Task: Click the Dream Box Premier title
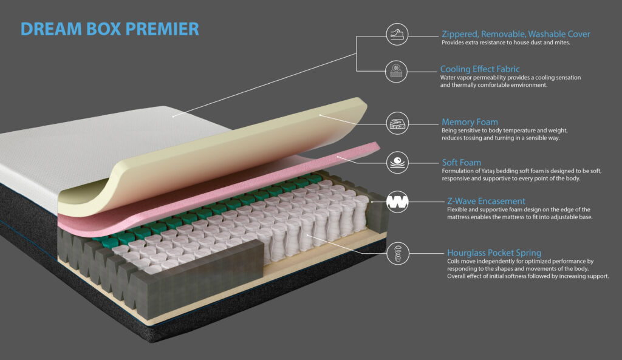click(x=110, y=29)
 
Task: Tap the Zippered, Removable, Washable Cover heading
click(x=516, y=34)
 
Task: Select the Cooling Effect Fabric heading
click(x=480, y=69)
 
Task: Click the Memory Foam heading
click(x=470, y=122)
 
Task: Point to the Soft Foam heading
click(x=462, y=163)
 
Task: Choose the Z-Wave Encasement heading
click(x=486, y=201)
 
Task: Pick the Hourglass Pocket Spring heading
click(x=494, y=253)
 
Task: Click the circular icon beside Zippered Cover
click(x=397, y=34)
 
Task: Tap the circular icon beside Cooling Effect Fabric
click(x=396, y=72)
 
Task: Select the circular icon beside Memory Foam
click(x=397, y=123)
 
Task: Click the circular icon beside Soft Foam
click(x=397, y=162)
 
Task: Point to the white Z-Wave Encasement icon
click(x=397, y=202)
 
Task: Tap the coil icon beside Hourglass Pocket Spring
click(x=397, y=253)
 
